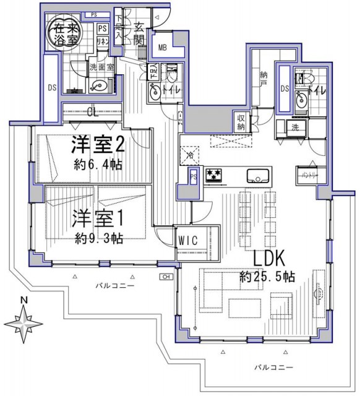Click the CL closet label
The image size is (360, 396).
pos(92,113)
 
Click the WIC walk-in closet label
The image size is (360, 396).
pos(188,240)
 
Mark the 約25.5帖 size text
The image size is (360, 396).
pos(268,277)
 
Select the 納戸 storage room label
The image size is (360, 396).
pos(263,77)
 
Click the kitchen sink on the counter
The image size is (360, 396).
pos(255,175)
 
